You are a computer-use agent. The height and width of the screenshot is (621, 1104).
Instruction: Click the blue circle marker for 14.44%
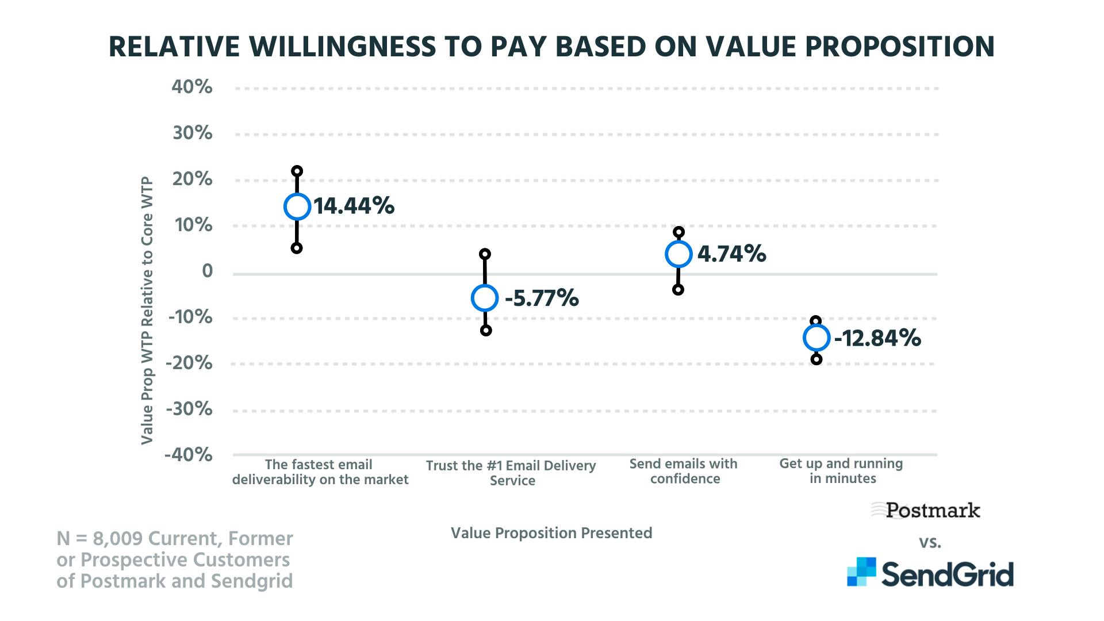point(297,207)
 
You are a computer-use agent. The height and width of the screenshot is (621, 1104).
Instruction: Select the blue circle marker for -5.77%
point(485,298)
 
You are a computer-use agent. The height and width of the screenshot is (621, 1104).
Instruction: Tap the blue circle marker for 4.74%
point(678,254)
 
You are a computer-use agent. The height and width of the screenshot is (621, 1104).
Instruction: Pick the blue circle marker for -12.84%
point(816,338)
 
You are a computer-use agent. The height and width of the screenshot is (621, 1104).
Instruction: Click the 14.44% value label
point(354,206)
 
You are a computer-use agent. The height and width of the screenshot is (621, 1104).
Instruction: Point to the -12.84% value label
point(877,338)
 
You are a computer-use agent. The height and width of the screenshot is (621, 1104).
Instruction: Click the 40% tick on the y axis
point(192,87)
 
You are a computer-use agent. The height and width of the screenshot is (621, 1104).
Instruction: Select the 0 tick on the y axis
point(207,271)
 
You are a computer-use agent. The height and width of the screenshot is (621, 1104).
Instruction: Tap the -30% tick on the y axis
point(189,409)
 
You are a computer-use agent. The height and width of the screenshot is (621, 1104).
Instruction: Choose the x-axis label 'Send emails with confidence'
point(684,471)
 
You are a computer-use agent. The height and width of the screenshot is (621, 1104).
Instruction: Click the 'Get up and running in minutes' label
point(841,471)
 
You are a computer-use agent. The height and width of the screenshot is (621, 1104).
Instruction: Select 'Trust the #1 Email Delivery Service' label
point(511,473)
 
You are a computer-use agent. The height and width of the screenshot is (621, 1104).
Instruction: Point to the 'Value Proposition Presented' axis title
point(551,533)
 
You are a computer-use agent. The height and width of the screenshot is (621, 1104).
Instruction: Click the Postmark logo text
point(932,510)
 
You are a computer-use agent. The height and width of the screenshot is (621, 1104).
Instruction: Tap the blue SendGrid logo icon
point(861,572)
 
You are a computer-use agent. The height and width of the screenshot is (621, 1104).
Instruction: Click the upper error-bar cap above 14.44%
point(297,171)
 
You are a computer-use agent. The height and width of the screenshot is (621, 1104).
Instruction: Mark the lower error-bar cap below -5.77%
point(486,331)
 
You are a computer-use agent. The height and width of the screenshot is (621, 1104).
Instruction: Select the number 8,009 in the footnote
point(117,539)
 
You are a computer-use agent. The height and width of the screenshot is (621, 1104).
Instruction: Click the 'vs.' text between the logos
point(930,542)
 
